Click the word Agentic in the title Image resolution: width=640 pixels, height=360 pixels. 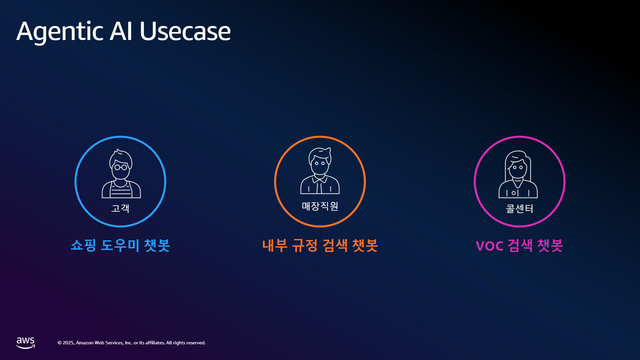[x=60, y=32]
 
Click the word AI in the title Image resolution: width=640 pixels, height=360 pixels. [x=121, y=31]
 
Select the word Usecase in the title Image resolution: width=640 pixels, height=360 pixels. [x=185, y=31]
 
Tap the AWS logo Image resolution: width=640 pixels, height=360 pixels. [x=26, y=343]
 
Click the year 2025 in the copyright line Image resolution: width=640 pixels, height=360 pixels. [x=68, y=343]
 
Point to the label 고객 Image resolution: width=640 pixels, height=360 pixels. [x=120, y=208]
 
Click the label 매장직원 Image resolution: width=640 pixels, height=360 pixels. [x=320, y=206]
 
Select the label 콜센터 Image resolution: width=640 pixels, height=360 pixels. [x=519, y=209]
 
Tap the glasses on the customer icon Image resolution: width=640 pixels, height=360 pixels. [x=121, y=167]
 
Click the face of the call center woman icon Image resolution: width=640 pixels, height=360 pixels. [x=518, y=169]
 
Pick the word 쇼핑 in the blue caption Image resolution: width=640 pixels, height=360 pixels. [x=83, y=245]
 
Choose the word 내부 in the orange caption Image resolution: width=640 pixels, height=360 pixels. [x=275, y=245]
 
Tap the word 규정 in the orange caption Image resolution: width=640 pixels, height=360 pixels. [x=305, y=245]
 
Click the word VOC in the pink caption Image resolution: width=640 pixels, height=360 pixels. [x=489, y=246]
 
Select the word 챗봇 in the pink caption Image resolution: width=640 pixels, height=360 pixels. [x=550, y=245]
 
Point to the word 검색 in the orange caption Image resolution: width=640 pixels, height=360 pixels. [x=335, y=245]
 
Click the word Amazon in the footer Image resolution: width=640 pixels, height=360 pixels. [x=85, y=343]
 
